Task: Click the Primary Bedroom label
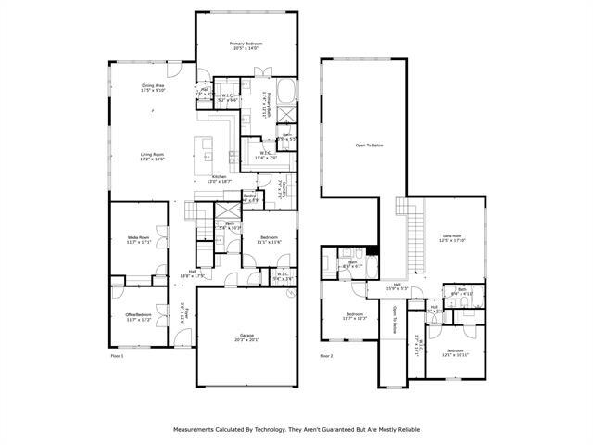[x=246, y=44]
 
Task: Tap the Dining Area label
[x=153, y=87]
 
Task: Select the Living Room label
[x=152, y=155]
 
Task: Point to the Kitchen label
[x=220, y=176]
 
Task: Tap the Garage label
[x=246, y=335]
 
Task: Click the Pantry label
[x=249, y=196]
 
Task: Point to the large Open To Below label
[x=369, y=146]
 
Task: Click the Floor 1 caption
[x=117, y=355]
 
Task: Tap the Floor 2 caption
[x=326, y=355]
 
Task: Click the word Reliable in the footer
[x=404, y=429]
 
